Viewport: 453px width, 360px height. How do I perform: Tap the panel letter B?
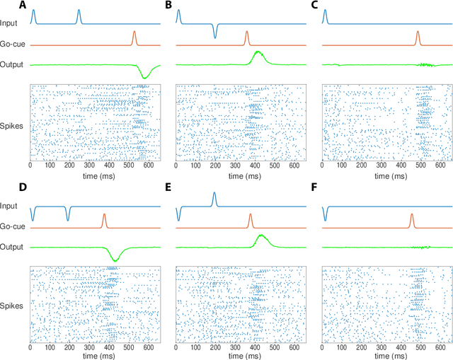168,6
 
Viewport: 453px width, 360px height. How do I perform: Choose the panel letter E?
168,187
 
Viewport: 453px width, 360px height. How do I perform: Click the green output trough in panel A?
145,76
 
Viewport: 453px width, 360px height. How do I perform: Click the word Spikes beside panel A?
12,124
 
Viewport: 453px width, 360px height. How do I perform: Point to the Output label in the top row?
12,64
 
